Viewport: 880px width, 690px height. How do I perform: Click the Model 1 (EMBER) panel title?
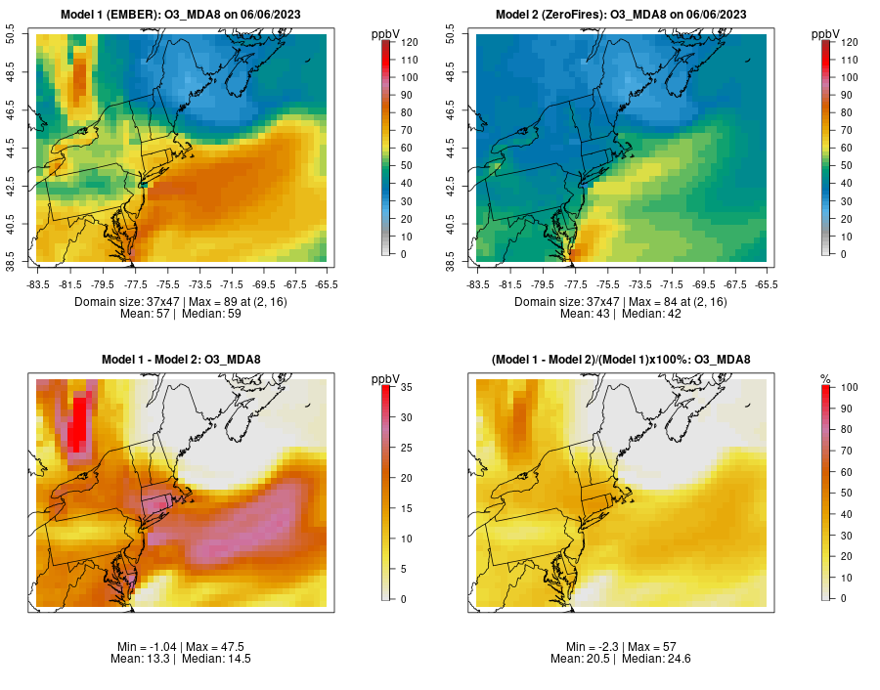pyautogui.click(x=180, y=14)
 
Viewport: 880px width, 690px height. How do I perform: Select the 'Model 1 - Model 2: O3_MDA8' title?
pyautogui.click(x=180, y=360)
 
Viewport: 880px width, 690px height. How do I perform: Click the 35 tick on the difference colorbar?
pyautogui.click(x=403, y=388)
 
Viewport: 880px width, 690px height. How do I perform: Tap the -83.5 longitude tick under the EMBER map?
pyautogui.click(x=38, y=284)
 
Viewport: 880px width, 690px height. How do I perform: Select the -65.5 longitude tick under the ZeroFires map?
pyautogui.click(x=768, y=284)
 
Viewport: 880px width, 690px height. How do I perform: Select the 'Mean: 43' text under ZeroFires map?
pyautogui.click(x=588, y=315)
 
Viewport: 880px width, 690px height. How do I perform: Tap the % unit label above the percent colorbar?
pyautogui.click(x=826, y=378)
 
